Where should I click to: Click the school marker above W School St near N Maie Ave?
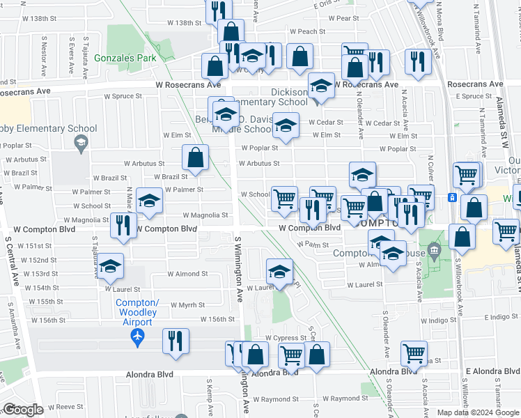click(x=149, y=201)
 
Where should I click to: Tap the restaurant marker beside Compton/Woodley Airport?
click(x=176, y=341)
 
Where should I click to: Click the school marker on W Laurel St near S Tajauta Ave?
click(x=109, y=268)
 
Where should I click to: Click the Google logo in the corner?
click(x=24, y=410)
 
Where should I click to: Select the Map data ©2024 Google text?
click(x=477, y=412)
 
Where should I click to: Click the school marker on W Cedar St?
click(x=284, y=125)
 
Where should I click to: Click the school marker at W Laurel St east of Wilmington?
click(x=279, y=271)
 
